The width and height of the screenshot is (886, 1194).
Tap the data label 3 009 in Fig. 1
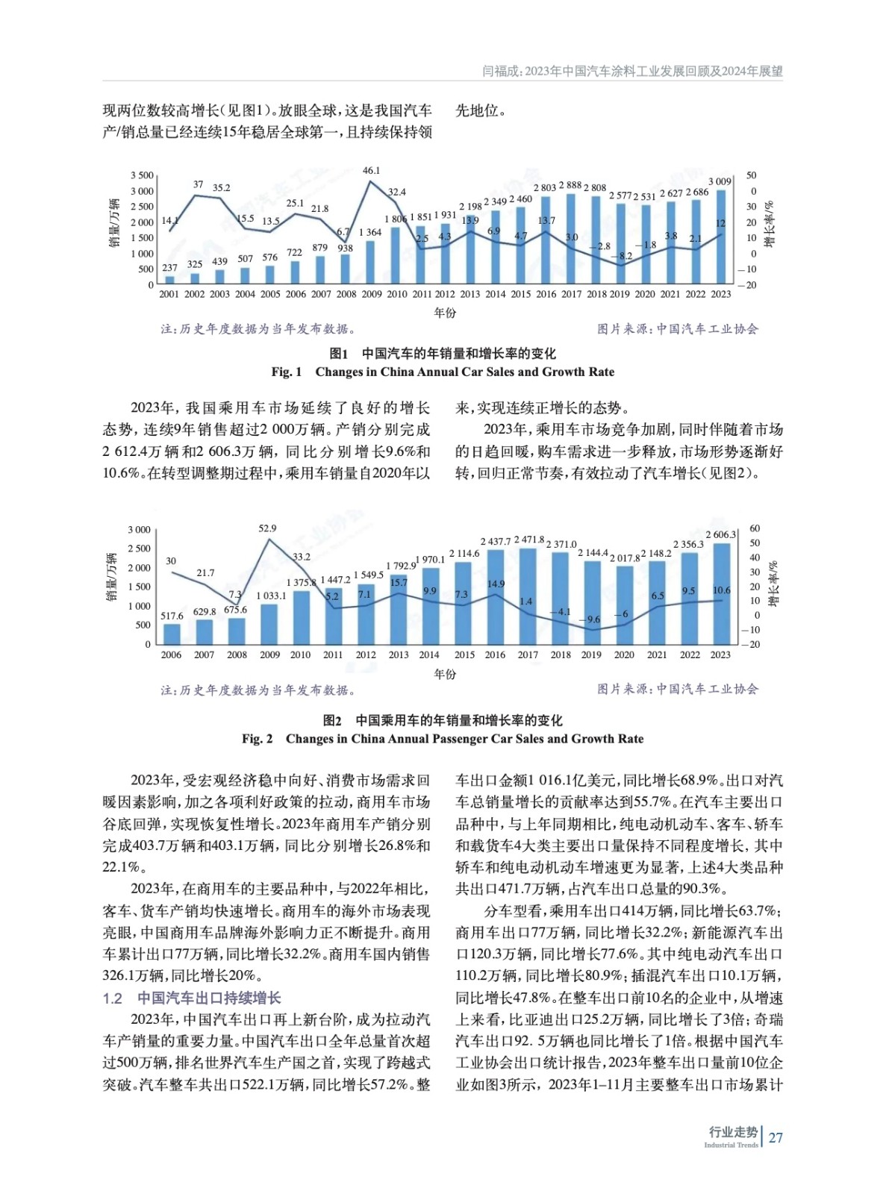pos(720,181)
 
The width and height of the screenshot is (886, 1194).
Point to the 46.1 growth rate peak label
pos(371,171)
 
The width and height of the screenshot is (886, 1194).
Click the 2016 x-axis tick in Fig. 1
pos(546,294)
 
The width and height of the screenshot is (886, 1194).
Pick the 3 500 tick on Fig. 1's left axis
pos(142,175)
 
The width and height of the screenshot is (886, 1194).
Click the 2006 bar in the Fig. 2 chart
pos(172,634)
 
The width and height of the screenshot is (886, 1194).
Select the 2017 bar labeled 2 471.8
pos(528,596)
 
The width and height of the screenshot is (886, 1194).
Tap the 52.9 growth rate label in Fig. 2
pos(267,528)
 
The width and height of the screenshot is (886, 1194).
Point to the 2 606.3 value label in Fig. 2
pos(720,534)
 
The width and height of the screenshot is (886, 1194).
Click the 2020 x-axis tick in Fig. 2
pos(624,655)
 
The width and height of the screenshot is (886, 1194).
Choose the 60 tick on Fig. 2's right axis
pos(755,529)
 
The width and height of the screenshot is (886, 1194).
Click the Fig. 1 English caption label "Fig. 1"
pos(287,372)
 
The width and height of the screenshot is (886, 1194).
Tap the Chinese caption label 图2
pos(332,720)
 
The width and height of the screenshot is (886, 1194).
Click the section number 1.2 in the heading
pos(112,998)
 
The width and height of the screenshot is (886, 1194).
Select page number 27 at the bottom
pos(776,1137)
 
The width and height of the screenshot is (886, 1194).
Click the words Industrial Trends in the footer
pos(731,1145)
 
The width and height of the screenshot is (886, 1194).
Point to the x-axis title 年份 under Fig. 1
pos(445,313)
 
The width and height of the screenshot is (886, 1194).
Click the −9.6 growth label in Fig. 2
pos(591,619)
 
